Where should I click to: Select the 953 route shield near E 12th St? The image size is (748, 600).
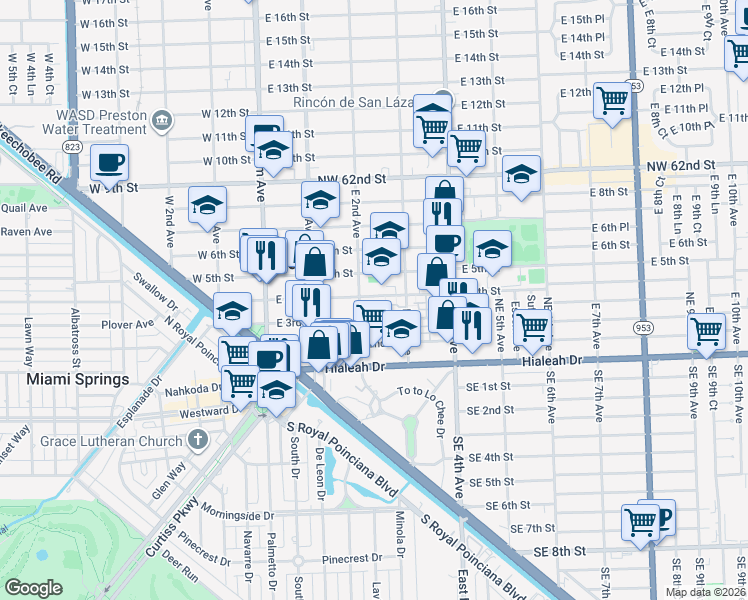pos(634,87)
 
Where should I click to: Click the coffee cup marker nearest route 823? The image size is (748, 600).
pos(109,162)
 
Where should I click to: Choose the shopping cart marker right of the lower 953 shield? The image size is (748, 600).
pos(706,329)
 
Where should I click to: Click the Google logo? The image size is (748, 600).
pos(33,588)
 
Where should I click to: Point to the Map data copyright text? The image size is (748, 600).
pos(705,592)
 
